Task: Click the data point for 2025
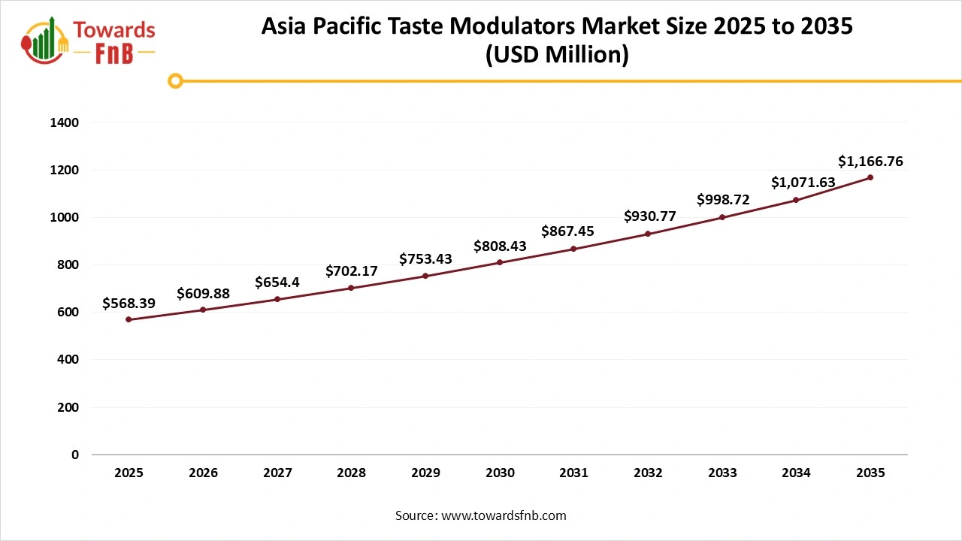tap(129, 319)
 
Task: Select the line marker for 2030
tap(500, 262)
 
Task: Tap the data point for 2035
tap(870, 177)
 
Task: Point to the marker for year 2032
tap(648, 234)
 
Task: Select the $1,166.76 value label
tap(870, 161)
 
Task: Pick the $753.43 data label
tap(425, 259)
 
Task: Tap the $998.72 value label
tap(723, 200)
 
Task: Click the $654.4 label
tap(278, 283)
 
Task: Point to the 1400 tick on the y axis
tap(65, 122)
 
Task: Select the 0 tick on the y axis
tap(74, 455)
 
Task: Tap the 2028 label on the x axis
tap(352, 473)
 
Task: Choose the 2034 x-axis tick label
tap(796, 473)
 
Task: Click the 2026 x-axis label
tap(204, 473)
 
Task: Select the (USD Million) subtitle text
tap(557, 56)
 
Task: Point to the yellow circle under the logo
tap(175, 80)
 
